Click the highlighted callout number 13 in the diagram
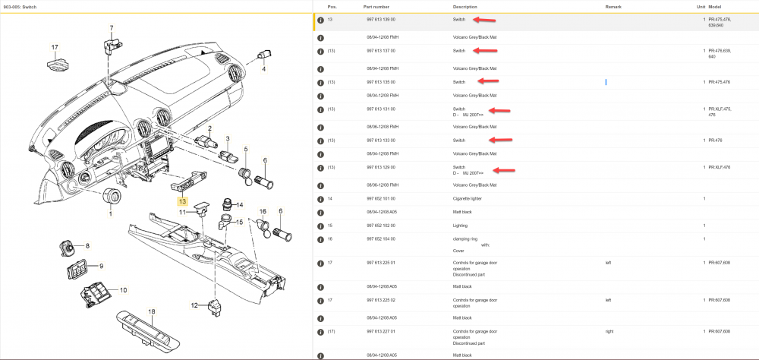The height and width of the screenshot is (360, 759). (182, 201)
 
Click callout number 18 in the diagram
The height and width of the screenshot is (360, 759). (151, 311)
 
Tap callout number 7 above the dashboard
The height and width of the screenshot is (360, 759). (111, 29)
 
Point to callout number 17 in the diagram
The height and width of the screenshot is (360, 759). (55, 48)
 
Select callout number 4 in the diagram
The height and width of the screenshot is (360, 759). (264, 69)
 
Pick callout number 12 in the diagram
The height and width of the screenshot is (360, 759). (194, 305)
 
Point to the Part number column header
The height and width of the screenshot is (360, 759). (377, 6)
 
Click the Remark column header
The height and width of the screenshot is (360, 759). (613, 6)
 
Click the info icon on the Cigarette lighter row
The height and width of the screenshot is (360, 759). (320, 199)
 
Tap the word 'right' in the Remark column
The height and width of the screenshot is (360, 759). (609, 331)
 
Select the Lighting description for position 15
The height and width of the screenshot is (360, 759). (460, 226)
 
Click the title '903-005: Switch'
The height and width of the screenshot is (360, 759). (20, 6)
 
